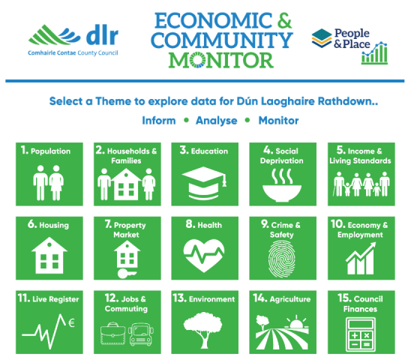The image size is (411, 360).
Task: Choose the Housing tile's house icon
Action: click(49, 256)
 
